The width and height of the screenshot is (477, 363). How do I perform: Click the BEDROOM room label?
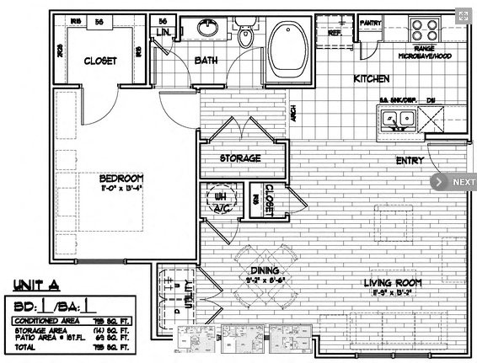(x=121, y=179)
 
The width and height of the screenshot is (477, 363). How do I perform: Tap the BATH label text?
(x=206, y=61)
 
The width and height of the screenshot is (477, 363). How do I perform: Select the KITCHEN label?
(x=370, y=78)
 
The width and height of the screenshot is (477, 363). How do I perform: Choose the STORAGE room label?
(x=240, y=158)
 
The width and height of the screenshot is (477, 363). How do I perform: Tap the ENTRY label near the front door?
(x=410, y=161)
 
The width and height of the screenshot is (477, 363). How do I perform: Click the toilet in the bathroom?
(x=247, y=37)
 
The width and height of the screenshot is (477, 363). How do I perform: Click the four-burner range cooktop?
(x=425, y=31)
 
